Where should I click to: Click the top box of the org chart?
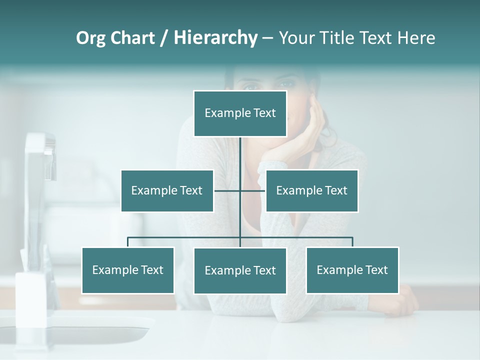pyautogui.click(x=240, y=113)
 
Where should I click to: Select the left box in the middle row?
pyautogui.click(x=167, y=190)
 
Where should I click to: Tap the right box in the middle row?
pyautogui.click(x=312, y=190)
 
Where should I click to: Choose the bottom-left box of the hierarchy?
pyautogui.click(x=128, y=270)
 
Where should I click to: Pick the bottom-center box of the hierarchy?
pyautogui.click(x=240, y=270)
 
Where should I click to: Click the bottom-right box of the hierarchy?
pyautogui.click(x=352, y=270)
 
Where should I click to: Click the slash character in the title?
pyautogui.click(x=164, y=38)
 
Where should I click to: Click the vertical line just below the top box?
pyautogui.click(x=240, y=152)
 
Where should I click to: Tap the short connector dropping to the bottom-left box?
pyautogui.click(x=128, y=242)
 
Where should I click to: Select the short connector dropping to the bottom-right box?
pyautogui.click(x=352, y=242)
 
